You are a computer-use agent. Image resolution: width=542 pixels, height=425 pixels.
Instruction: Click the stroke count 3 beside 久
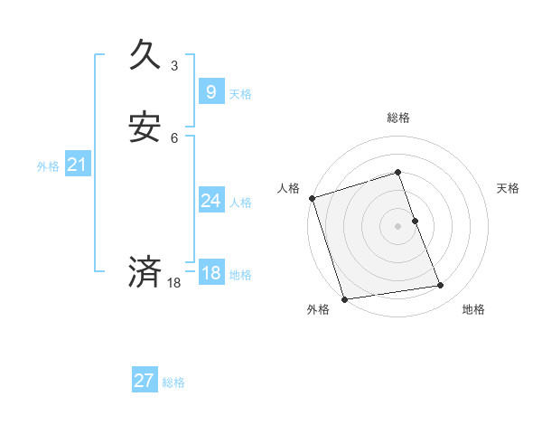pos(174,66)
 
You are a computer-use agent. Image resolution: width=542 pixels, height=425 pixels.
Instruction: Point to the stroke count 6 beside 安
pos(174,138)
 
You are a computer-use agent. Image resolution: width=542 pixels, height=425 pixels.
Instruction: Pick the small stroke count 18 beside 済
pos(174,283)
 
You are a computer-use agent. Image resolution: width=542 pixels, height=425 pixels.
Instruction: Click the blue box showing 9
pos(210,92)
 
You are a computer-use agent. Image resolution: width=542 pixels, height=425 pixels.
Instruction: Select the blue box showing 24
pos(210,201)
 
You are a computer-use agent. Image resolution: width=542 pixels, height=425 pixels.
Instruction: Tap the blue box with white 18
pos(210,273)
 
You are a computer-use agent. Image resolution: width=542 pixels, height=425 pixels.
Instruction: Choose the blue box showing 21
pos(78,165)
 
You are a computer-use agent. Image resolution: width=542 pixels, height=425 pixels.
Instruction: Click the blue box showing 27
pos(144,381)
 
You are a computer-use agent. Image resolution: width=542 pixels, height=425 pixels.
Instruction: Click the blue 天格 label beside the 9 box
pos(240,94)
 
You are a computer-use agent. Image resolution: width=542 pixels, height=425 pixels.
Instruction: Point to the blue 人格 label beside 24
pos(240,203)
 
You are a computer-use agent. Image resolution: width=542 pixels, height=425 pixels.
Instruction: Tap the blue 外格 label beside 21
pos(48,166)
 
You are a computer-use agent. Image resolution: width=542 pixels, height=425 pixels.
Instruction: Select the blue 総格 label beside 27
pos(173,382)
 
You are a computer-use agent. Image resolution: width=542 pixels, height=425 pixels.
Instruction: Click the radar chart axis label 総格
pos(398,118)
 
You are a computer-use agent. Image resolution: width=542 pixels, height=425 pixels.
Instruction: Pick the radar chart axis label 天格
pos(509,188)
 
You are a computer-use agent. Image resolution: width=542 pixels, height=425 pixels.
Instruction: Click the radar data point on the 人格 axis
pos(312,198)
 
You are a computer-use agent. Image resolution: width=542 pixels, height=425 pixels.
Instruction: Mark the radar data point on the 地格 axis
pos(441,286)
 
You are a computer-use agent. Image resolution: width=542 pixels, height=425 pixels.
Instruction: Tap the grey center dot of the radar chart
pos(398,225)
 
